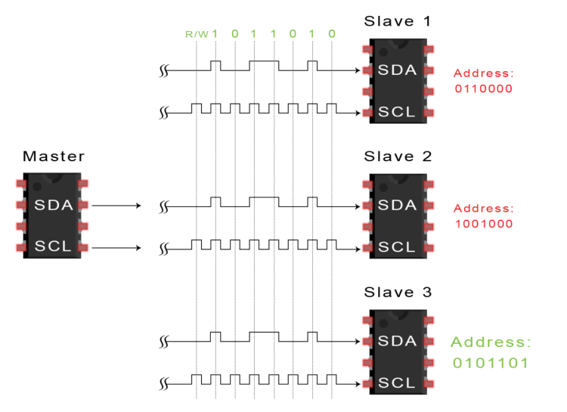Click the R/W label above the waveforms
click(x=197, y=34)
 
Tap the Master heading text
click(x=54, y=156)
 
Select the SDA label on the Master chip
click(x=54, y=205)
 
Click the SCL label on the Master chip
click(x=54, y=246)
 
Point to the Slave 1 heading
click(x=398, y=21)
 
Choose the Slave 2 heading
click(x=398, y=156)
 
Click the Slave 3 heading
click(x=398, y=292)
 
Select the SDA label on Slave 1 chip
click(x=398, y=70)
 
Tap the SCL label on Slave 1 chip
click(x=398, y=113)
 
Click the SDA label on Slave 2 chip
click(x=398, y=205)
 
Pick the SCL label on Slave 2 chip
click(x=398, y=246)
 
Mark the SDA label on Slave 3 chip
click(x=398, y=341)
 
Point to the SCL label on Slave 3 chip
click(x=398, y=383)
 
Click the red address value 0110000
click(x=484, y=88)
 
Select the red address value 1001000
click(x=484, y=224)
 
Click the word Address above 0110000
click(x=484, y=73)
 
